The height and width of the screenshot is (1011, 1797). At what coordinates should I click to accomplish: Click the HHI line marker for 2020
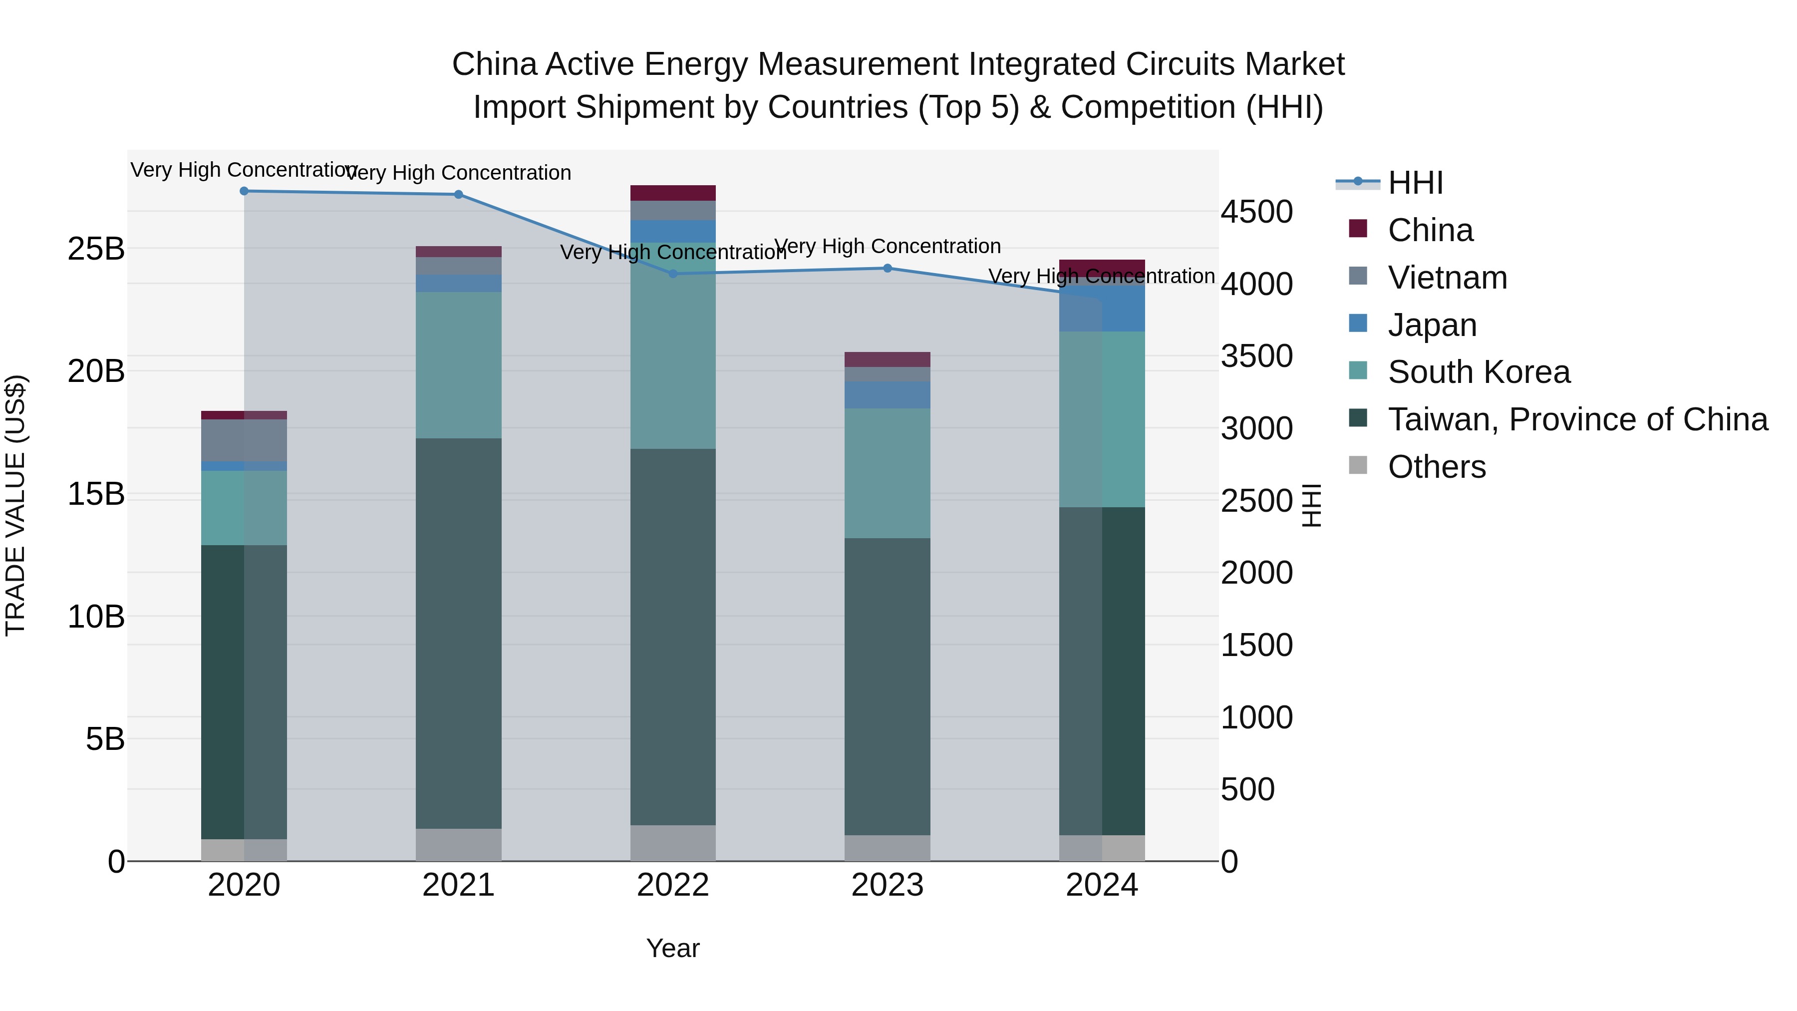[244, 191]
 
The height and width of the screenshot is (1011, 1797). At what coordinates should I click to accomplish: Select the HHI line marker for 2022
[673, 274]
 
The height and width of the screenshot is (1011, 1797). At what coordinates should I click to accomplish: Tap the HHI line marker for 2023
[888, 268]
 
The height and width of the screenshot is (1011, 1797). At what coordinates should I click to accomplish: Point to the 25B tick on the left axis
[95, 249]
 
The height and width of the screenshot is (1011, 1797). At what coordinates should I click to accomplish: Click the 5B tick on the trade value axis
[105, 739]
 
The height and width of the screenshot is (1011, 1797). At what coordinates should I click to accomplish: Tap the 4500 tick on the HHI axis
[1256, 212]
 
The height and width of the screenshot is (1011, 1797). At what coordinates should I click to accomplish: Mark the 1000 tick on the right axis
[1256, 717]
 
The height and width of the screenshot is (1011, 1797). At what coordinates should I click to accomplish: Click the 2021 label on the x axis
[458, 885]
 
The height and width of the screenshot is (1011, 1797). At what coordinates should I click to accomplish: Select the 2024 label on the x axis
[1102, 885]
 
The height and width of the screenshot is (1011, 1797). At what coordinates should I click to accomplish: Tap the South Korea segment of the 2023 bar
[888, 473]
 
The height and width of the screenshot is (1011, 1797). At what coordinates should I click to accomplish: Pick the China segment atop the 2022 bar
[673, 193]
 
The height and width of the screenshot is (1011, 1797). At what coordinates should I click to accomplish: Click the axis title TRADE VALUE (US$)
[15, 505]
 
